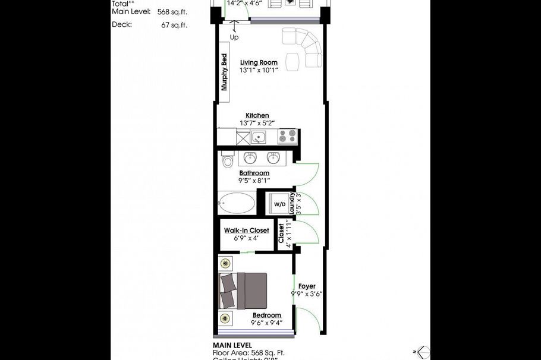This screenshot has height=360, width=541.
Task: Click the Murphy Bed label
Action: click(225, 72)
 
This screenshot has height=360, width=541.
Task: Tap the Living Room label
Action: click(259, 62)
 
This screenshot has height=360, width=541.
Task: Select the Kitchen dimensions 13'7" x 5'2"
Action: click(257, 123)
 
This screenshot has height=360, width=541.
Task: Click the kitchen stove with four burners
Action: click(288, 137)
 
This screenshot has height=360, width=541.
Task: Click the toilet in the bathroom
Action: click(227, 161)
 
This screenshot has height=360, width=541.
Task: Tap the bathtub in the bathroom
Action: click(237, 203)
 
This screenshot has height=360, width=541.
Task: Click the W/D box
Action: click(279, 204)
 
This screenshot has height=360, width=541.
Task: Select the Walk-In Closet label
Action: click(246, 230)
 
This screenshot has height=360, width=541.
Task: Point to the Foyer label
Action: click(307, 286)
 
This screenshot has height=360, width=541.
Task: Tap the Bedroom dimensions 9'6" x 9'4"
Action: click(266, 323)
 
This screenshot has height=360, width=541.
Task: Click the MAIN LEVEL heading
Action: click(232, 345)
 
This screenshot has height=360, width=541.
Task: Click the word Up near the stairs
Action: click(234, 37)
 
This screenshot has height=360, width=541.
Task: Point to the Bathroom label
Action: click(254, 173)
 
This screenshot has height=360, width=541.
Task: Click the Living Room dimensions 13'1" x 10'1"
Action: click(259, 70)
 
